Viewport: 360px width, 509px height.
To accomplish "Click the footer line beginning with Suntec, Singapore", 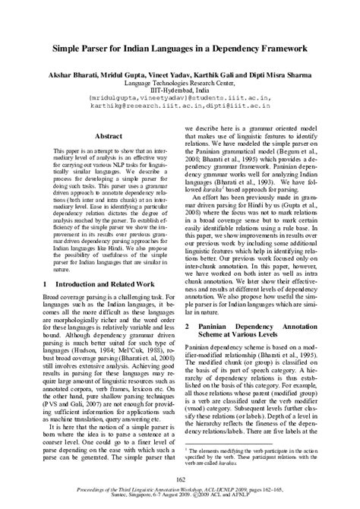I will (x=180, y=500).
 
